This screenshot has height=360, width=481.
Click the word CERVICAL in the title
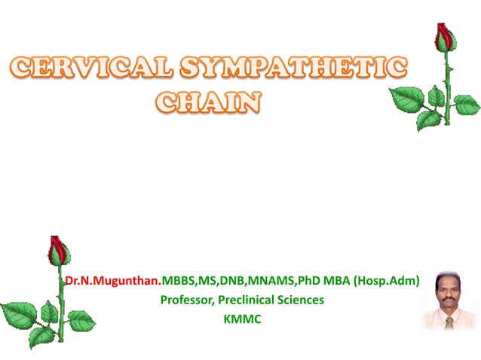pos(86,69)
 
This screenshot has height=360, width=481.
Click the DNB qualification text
pos(234,281)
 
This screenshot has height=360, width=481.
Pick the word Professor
pos(188,300)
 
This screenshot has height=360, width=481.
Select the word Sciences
pos(302,300)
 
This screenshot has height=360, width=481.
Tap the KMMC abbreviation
pos(241,319)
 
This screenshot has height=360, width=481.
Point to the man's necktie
pos(450,322)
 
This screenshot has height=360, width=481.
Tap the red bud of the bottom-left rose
pos(58,251)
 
